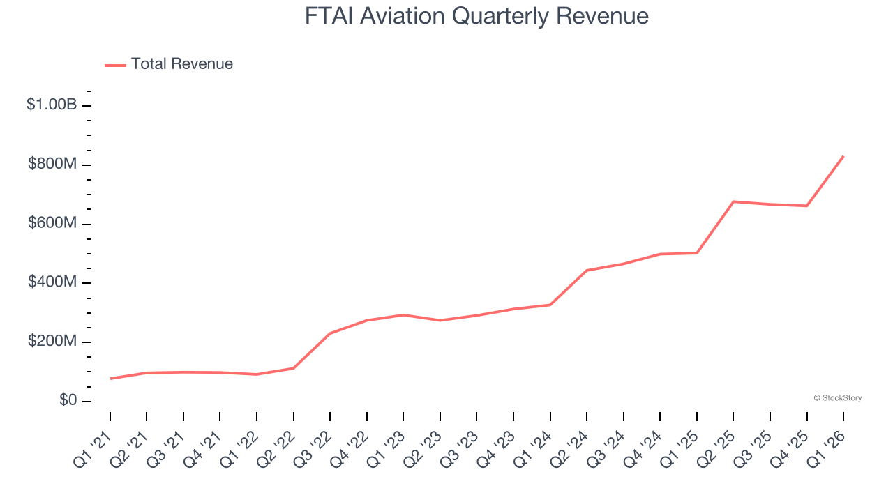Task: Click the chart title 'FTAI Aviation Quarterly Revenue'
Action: click(476, 16)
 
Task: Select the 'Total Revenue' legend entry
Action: click(181, 64)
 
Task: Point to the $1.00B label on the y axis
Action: click(51, 105)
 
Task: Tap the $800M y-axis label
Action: click(52, 164)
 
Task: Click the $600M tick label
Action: click(52, 223)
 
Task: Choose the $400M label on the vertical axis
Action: click(52, 282)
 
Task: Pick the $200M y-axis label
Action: click(52, 342)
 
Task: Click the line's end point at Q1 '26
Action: click(843, 156)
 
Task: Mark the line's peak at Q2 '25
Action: click(733, 201)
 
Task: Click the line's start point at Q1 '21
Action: click(110, 379)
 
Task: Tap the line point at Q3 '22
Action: click(330, 333)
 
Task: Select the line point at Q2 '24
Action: click(587, 271)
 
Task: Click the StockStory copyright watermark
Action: click(837, 398)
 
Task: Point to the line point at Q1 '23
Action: click(403, 315)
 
